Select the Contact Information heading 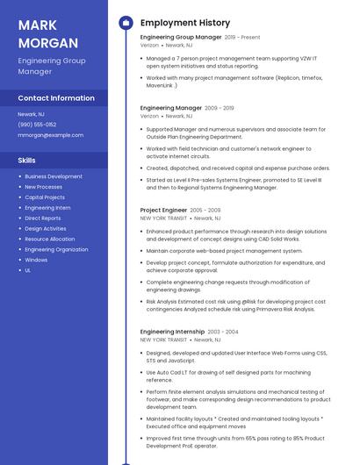coord(56,98)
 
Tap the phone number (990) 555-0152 coord(37,125)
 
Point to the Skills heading coord(27,161)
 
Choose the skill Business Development coord(54,176)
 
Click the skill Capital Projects coord(45,197)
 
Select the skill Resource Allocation coord(50,239)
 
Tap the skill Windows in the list coord(36,260)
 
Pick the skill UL coord(28,270)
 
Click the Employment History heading coord(185,23)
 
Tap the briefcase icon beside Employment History coord(126,23)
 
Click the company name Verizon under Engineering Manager coord(149,116)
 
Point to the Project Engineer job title coord(163,211)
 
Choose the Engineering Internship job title coord(173,332)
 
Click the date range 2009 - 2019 coord(220,108)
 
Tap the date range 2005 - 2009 coord(205,211)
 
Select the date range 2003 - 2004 coord(223,332)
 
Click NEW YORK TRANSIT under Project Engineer coord(163,218)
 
